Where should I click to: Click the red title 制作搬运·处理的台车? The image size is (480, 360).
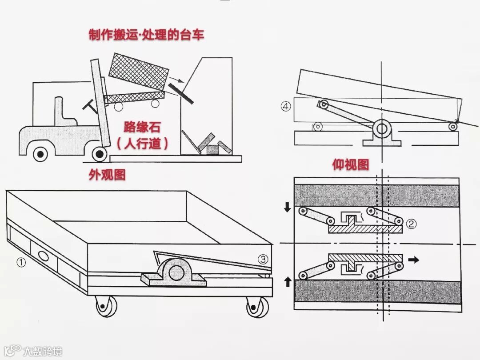(x=146, y=35)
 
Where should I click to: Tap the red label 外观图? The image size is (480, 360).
(x=107, y=175)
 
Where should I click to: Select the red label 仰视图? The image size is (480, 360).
(x=351, y=165)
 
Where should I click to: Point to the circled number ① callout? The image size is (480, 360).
(x=21, y=262)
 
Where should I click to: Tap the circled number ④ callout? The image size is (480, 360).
(x=286, y=107)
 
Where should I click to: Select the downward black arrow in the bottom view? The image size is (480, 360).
(x=287, y=207)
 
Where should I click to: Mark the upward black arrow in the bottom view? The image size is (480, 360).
(x=288, y=281)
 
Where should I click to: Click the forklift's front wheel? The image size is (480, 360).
(x=100, y=154)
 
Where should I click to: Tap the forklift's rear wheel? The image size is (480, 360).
(x=41, y=154)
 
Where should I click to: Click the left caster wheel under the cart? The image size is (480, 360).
(x=105, y=307)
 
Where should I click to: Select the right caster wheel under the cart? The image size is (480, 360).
(x=257, y=307)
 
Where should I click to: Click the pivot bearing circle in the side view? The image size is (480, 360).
(x=381, y=129)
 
